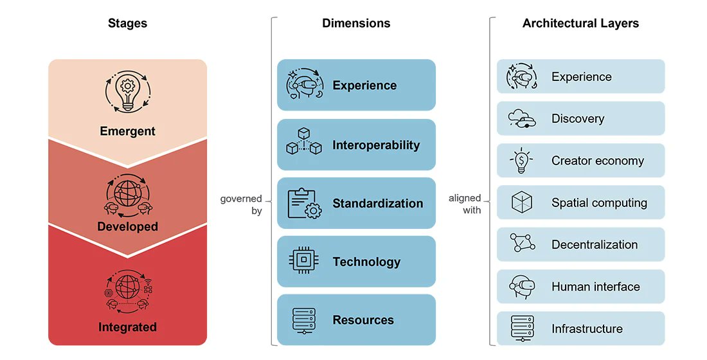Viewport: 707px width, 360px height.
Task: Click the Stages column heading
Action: [x=127, y=24]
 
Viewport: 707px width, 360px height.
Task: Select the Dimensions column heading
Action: [x=356, y=24]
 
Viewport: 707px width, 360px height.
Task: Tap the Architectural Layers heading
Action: [x=580, y=24]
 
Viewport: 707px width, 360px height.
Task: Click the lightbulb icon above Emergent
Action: [x=127, y=94]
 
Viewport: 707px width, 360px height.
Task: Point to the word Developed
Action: [x=127, y=227]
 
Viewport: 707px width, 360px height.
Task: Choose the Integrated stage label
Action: [x=127, y=328]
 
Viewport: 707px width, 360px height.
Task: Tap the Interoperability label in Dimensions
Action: [x=376, y=145]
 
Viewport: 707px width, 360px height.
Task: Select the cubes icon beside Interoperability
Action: [x=303, y=145]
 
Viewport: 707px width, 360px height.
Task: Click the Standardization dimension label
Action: [x=377, y=204]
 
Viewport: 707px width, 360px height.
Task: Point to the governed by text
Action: [x=242, y=205]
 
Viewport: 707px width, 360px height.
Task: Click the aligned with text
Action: [x=465, y=204]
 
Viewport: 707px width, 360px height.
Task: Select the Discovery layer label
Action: [x=577, y=119]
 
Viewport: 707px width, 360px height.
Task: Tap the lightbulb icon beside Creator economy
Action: [x=521, y=161]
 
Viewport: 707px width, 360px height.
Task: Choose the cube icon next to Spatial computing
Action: [x=521, y=203]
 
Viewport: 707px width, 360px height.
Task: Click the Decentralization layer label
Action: [x=595, y=245]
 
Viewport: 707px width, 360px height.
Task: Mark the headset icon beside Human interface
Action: [x=521, y=287]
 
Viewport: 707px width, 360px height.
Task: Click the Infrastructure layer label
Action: [x=587, y=329]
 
